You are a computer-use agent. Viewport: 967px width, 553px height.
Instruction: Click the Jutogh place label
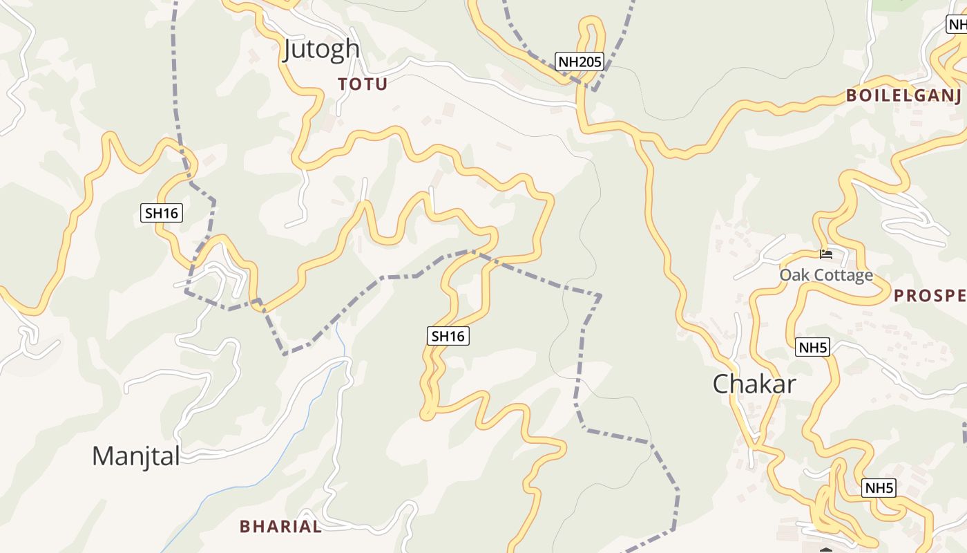[321, 49]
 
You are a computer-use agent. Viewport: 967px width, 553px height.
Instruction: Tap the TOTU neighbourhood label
[363, 84]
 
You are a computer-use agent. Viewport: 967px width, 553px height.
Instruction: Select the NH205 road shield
[580, 62]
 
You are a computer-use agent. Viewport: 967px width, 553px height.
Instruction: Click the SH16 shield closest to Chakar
[448, 336]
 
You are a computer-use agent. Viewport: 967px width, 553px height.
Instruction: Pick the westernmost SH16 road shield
[162, 213]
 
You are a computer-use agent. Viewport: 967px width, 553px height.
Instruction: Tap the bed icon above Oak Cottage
[825, 254]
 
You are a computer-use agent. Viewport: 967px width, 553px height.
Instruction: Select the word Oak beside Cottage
[795, 275]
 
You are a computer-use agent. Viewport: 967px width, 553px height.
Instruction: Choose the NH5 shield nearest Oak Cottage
[812, 347]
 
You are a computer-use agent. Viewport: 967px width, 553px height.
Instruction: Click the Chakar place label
[754, 384]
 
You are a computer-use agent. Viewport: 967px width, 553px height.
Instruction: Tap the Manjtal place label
[136, 456]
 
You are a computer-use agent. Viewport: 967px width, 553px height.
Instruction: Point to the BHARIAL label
[280, 526]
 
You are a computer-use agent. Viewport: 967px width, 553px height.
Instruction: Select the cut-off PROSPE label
[930, 296]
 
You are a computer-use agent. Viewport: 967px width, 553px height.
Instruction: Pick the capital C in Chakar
[721, 384]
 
